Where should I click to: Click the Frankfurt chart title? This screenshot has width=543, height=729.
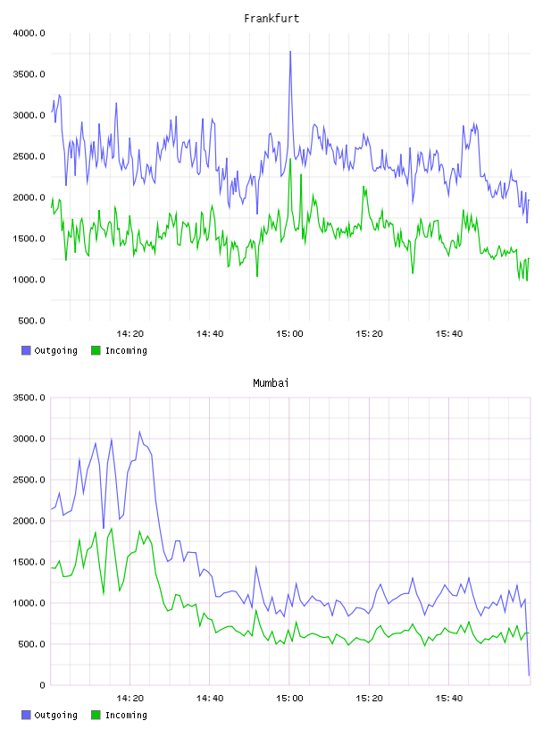click(x=271, y=19)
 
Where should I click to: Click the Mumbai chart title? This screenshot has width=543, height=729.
click(x=271, y=383)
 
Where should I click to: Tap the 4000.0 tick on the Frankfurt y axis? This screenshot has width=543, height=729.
click(x=29, y=33)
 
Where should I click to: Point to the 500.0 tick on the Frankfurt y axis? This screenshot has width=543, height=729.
click(x=31, y=321)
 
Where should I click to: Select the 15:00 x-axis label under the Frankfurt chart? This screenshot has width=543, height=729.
click(x=289, y=334)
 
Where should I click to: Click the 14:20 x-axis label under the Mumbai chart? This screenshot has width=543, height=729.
click(x=129, y=699)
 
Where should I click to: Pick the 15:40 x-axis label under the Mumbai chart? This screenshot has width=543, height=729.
click(x=448, y=699)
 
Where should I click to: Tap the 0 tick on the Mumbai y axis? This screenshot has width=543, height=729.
click(x=42, y=685)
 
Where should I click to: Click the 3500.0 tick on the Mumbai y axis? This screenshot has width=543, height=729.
click(x=29, y=398)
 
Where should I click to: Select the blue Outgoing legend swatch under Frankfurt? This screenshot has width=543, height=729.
click(x=26, y=350)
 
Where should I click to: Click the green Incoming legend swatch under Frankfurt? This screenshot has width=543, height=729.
click(x=96, y=350)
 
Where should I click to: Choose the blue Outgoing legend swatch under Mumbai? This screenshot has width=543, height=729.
click(x=26, y=715)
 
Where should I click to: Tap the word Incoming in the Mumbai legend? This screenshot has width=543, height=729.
click(x=126, y=715)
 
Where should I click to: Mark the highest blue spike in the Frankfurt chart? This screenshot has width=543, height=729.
click(x=290, y=52)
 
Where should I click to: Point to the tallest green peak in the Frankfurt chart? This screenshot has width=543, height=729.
click(x=290, y=159)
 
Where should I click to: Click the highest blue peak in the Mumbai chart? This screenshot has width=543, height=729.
click(x=139, y=432)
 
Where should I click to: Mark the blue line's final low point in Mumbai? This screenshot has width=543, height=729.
click(x=529, y=675)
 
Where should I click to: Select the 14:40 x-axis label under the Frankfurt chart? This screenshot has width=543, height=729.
click(x=210, y=334)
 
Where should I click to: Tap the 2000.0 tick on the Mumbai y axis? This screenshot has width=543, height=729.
click(x=29, y=521)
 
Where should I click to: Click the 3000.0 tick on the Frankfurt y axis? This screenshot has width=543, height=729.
click(x=29, y=115)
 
